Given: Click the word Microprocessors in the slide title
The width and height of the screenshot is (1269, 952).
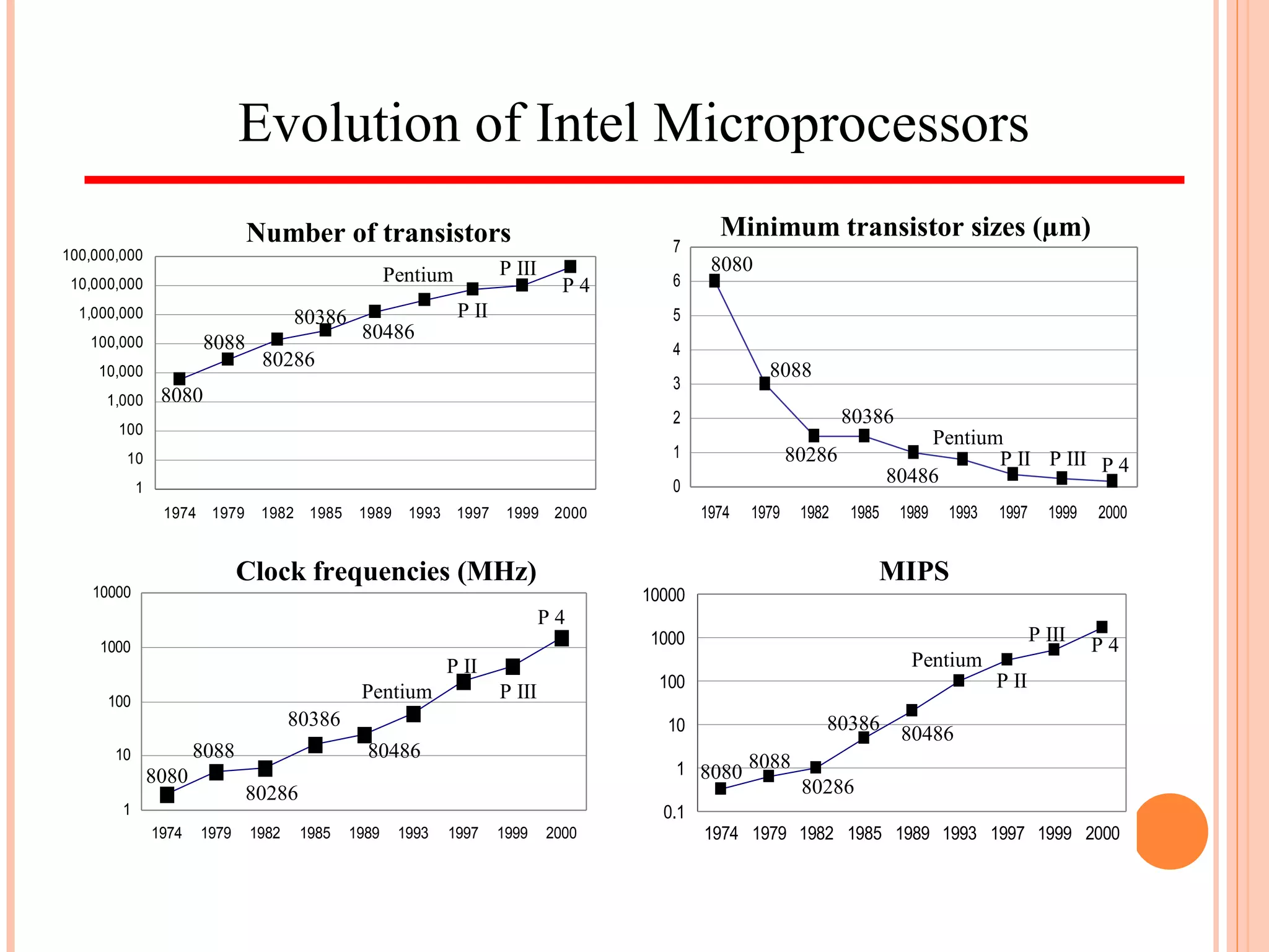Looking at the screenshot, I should [841, 124].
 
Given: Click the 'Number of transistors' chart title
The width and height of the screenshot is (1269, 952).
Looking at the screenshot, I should [378, 233].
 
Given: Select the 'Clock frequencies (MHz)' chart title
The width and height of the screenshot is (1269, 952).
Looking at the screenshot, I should [386, 571].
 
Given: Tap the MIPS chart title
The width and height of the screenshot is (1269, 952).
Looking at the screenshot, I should [913, 571].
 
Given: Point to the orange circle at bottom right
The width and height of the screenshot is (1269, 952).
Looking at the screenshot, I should [1170, 831].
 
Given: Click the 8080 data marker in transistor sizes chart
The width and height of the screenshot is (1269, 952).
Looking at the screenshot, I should [714, 281].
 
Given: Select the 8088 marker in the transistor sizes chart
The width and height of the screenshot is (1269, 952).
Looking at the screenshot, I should [765, 384].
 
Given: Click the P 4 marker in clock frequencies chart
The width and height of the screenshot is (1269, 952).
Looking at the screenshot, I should [561, 638].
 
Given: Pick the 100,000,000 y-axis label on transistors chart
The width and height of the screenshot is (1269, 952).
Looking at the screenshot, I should [103, 255].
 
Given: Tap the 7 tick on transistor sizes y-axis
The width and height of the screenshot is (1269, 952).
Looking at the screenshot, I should [677, 247].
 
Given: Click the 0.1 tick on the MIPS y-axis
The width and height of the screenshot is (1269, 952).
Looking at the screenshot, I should [674, 812].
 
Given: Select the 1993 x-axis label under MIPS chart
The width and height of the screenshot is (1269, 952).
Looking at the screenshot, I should [959, 834].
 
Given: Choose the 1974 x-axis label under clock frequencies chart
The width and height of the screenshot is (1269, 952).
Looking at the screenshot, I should [167, 833].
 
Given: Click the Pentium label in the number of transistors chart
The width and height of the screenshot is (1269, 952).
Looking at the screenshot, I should [418, 275].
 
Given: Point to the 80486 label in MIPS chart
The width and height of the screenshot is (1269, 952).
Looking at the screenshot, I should [927, 734].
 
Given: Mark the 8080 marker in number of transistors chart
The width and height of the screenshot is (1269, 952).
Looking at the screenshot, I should [179, 379].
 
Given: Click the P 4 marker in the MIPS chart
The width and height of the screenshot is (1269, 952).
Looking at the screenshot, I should [1102, 627].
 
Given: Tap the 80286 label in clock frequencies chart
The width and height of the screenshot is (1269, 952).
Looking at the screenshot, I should [271, 793].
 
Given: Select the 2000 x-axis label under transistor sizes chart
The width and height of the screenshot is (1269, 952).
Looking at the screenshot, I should [1112, 513].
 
